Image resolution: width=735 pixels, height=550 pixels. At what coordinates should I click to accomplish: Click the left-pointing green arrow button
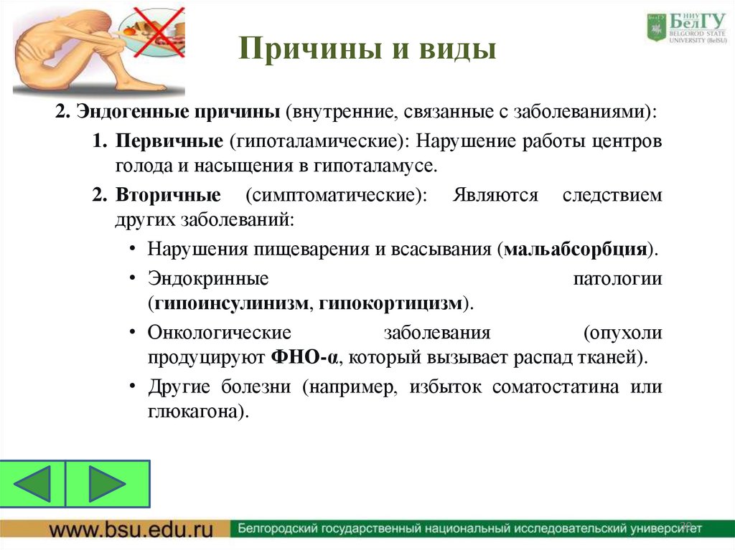coord(33,484)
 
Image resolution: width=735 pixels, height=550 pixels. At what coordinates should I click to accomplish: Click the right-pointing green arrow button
coord(107,484)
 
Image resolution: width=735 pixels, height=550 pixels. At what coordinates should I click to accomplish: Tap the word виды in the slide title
coord(459,49)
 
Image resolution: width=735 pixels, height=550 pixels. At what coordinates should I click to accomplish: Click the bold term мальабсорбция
coord(574,250)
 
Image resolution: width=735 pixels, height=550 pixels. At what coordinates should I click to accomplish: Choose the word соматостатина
coord(556,387)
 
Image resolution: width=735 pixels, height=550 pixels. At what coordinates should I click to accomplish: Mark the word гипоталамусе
coord(374,166)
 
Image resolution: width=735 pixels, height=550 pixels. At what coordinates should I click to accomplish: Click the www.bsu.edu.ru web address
coord(131,530)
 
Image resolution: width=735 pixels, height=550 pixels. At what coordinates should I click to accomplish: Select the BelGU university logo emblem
coord(656,28)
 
